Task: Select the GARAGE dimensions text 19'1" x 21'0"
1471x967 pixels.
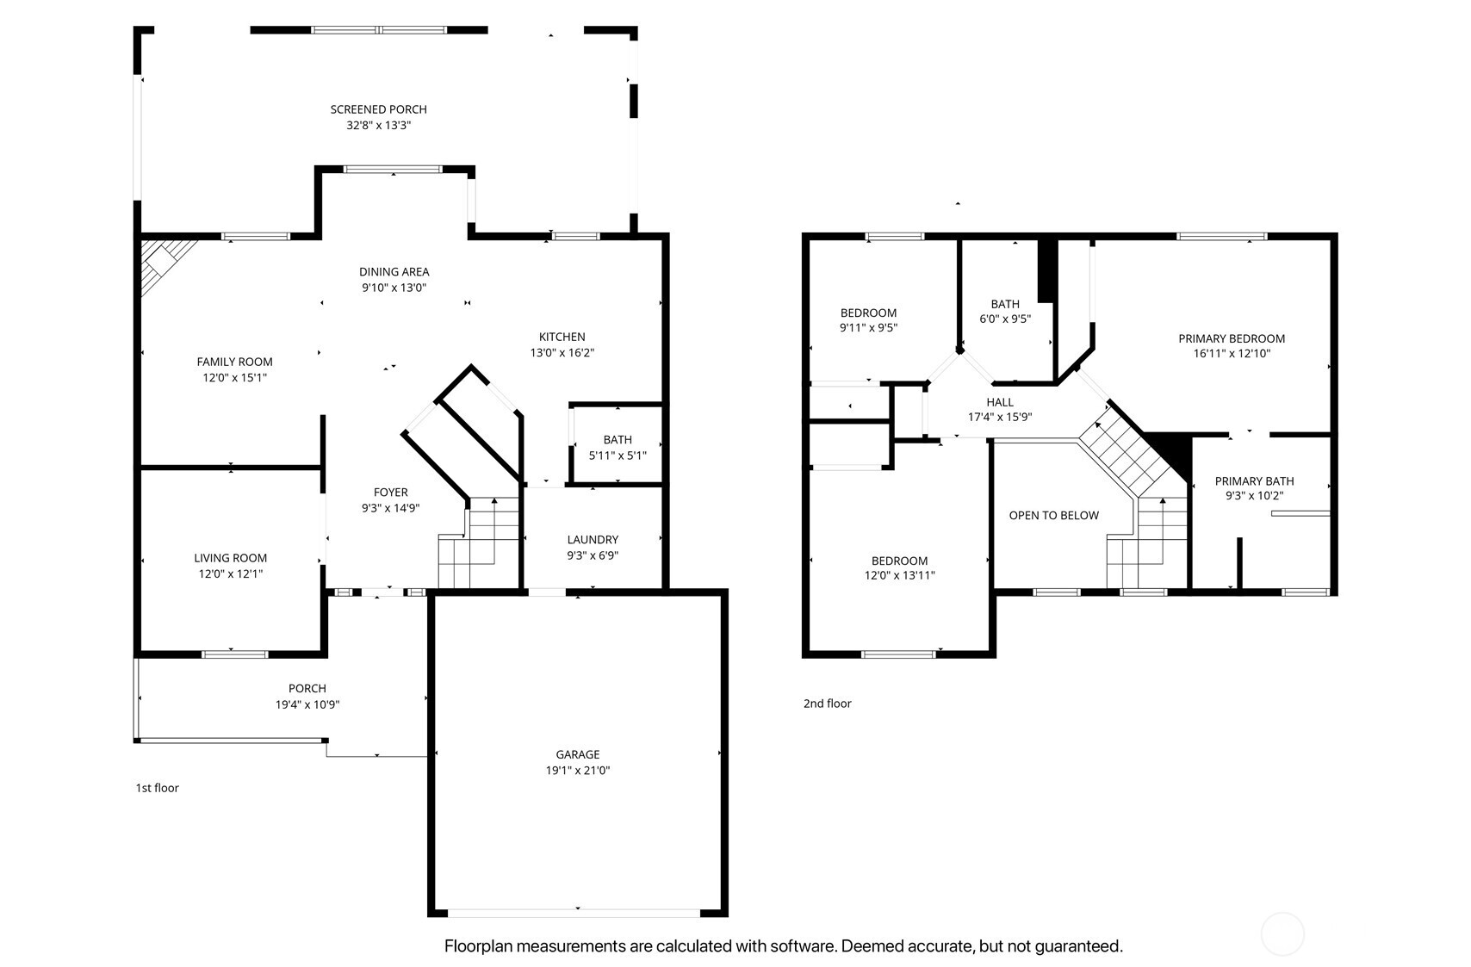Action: click(577, 771)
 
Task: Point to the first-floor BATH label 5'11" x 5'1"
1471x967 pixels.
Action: click(618, 448)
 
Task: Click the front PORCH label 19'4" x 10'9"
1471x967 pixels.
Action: click(307, 696)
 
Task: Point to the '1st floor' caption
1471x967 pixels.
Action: click(157, 788)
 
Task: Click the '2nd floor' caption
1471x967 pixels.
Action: click(827, 704)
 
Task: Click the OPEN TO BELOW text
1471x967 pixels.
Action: click(1053, 516)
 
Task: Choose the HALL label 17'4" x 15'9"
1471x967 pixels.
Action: click(1000, 409)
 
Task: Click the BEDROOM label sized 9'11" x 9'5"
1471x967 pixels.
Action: click(868, 319)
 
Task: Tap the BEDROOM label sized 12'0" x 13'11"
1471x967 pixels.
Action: click(899, 567)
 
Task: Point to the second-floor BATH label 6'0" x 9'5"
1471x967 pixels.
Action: click(1004, 311)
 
